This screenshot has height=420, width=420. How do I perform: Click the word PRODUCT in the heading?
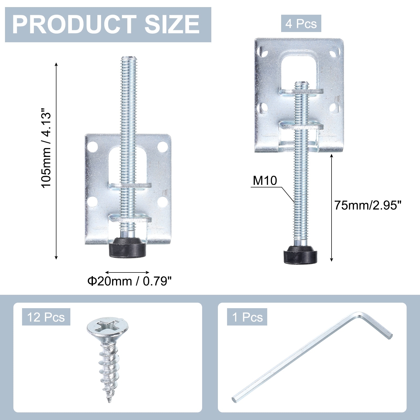coord(74,25)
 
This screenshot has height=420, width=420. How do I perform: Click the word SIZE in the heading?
coord(172,25)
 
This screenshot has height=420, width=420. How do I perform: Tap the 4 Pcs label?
coord(301,24)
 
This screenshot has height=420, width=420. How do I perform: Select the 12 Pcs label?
coord(46,317)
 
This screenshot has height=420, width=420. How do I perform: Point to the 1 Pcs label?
coord(247,317)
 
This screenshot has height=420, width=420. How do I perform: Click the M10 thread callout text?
coord(265,181)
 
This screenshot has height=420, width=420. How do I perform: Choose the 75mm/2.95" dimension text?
coord(368,205)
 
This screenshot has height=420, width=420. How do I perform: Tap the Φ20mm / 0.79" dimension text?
coord(129,281)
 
